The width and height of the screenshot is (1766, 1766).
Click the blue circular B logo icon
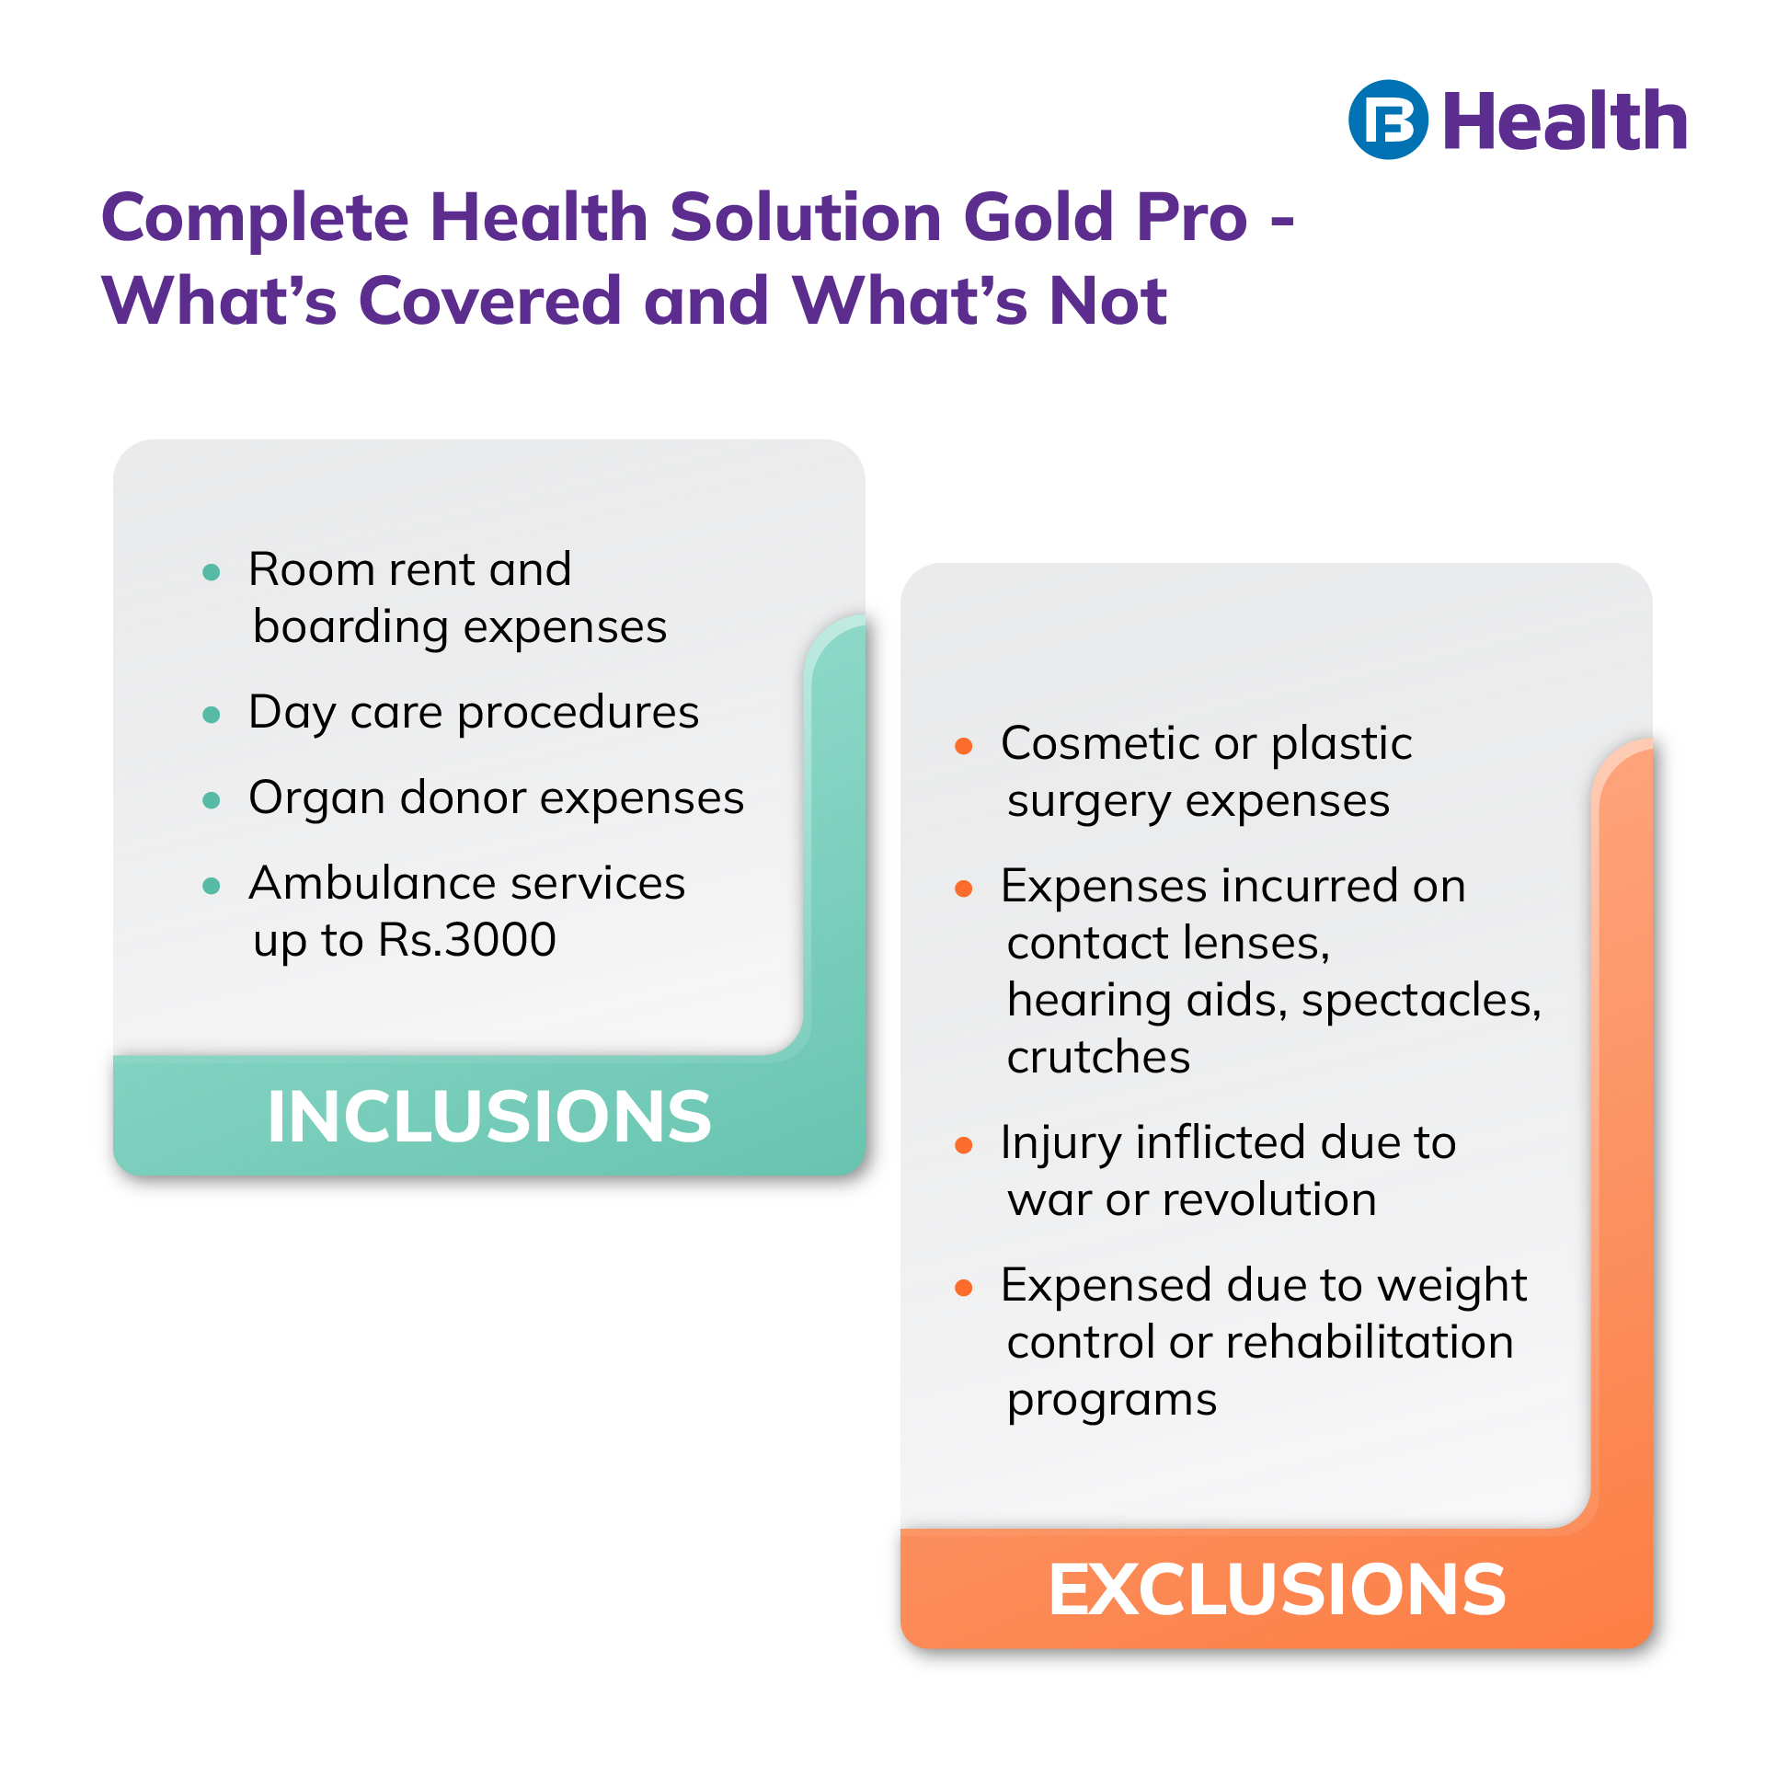[x=1388, y=120]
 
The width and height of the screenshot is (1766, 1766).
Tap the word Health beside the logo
[x=1565, y=121]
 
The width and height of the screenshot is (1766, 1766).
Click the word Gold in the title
[x=1039, y=218]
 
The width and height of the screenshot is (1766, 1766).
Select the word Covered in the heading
[x=490, y=301]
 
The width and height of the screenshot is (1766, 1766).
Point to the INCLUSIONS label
[x=489, y=1117]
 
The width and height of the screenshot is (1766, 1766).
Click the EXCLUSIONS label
[x=1277, y=1589]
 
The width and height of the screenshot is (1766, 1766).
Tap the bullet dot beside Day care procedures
[x=212, y=715]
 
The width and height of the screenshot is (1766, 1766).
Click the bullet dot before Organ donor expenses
[x=212, y=800]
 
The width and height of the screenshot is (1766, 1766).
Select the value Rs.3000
[x=467, y=940]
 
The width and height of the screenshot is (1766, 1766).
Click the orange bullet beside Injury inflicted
[x=964, y=1145]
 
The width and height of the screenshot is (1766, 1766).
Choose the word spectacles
[x=1420, y=1001]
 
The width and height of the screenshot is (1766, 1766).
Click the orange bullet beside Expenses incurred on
[x=964, y=889]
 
